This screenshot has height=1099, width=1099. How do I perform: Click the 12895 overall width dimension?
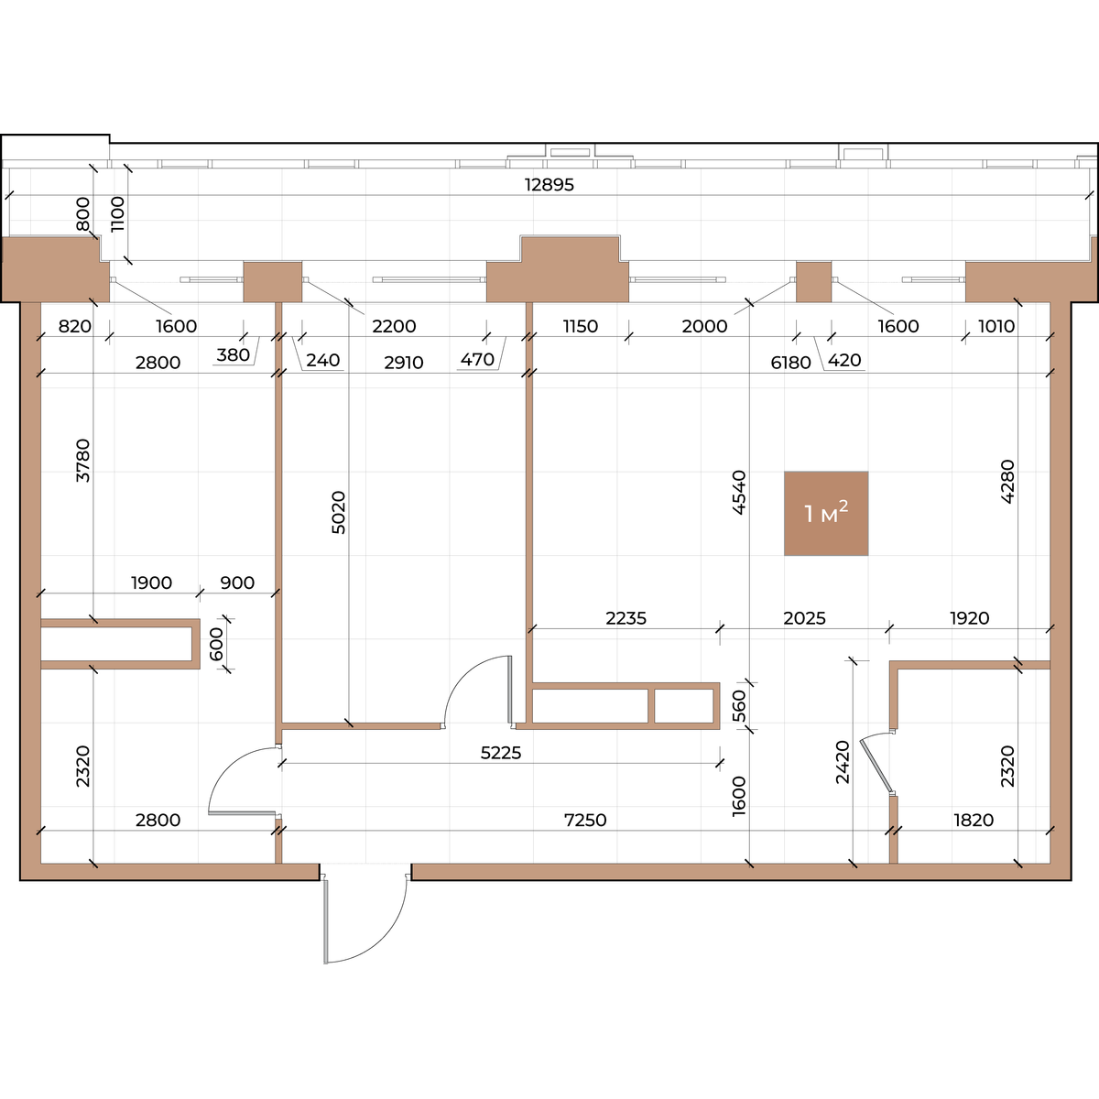[x=549, y=185]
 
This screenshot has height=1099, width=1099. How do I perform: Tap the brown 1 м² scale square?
[x=826, y=513]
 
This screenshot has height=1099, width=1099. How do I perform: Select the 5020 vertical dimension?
[x=339, y=512]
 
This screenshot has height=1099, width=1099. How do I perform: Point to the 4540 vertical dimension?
[x=738, y=492]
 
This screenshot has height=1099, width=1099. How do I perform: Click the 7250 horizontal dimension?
[x=585, y=820]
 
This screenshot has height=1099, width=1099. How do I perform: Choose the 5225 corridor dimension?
[x=501, y=753]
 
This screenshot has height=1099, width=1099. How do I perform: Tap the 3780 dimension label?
[x=83, y=461]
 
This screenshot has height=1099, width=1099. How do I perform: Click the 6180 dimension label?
[x=790, y=362]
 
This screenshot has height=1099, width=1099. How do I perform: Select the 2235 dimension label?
[x=626, y=618]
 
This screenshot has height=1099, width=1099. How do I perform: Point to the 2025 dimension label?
[x=804, y=618]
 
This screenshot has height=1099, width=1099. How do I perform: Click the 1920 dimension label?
[x=970, y=618]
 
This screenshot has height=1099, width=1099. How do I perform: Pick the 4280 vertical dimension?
[x=1007, y=482]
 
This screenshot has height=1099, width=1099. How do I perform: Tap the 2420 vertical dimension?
[x=843, y=762]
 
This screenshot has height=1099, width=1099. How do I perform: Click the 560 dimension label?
[x=738, y=706]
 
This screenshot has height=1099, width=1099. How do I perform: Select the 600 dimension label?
[x=217, y=644]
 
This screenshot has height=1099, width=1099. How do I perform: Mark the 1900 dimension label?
[x=151, y=582]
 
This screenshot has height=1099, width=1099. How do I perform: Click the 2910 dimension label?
[x=403, y=362]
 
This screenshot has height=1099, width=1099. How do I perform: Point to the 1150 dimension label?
[x=580, y=326]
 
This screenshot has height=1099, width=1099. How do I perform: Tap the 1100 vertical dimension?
[x=117, y=214]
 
